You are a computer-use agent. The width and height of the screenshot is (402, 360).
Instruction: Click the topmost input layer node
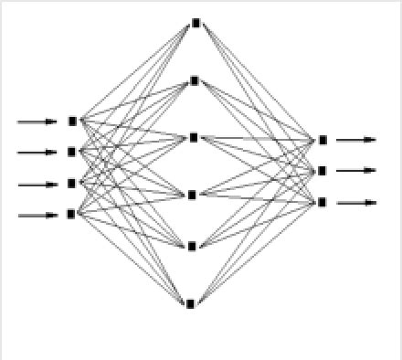click(x=72, y=120)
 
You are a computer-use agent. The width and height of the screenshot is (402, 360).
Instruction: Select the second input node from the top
click(x=72, y=152)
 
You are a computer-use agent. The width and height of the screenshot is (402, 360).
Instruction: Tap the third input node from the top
click(x=72, y=183)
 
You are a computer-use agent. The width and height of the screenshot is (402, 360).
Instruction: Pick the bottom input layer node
click(x=72, y=215)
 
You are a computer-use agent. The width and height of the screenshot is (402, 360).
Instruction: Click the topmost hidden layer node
click(x=195, y=23)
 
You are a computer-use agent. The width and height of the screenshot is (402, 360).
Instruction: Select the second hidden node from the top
click(x=194, y=80)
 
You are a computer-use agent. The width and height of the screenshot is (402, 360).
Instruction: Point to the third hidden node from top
click(x=193, y=137)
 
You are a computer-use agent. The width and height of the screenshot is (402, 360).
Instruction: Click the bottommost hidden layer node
click(x=191, y=303)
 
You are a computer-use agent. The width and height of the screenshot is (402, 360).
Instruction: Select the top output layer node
click(x=323, y=140)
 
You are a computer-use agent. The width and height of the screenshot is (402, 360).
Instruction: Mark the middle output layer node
click(x=323, y=170)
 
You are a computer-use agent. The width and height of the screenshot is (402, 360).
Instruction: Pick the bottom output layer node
click(x=323, y=202)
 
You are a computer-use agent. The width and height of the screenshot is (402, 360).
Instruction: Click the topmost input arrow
click(x=37, y=121)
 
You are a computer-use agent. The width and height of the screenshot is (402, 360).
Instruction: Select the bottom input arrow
click(x=37, y=216)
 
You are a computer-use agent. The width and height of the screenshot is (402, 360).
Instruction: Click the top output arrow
click(x=356, y=140)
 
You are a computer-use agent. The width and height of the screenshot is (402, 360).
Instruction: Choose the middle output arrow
click(x=356, y=170)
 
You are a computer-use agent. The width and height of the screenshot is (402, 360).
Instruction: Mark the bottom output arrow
click(x=356, y=202)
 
